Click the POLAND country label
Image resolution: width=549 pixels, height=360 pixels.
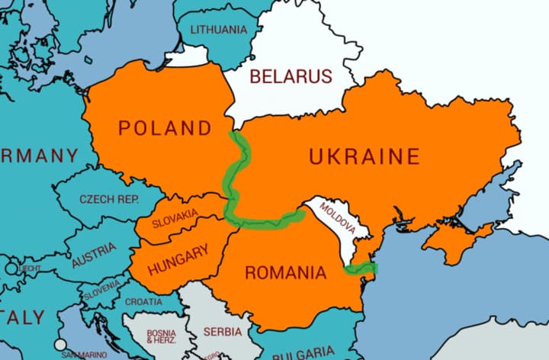[164, 128]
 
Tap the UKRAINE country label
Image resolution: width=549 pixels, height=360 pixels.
[364, 157]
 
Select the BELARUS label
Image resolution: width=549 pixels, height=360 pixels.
[291, 76]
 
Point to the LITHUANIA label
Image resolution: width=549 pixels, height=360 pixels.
[219, 30]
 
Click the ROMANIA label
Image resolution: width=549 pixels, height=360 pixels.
[284, 272]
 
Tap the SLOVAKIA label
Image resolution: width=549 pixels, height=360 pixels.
[175, 219]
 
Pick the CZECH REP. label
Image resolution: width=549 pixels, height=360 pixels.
[108, 199]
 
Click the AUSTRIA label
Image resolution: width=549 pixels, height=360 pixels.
[95, 255]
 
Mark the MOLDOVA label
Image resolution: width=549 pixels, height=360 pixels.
[337, 218]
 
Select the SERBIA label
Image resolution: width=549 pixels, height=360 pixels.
[223, 332]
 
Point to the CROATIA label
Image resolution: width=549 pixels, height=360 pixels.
[143, 301]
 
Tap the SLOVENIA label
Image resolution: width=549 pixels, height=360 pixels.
[101, 290]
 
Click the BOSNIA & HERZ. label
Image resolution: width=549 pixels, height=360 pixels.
[161, 336]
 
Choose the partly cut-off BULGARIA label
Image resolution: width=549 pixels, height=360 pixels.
[303, 352]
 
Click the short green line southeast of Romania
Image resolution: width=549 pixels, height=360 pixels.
[360, 268]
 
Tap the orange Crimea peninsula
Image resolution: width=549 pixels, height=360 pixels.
[454, 243]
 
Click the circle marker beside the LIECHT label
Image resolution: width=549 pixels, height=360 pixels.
[11, 269]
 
